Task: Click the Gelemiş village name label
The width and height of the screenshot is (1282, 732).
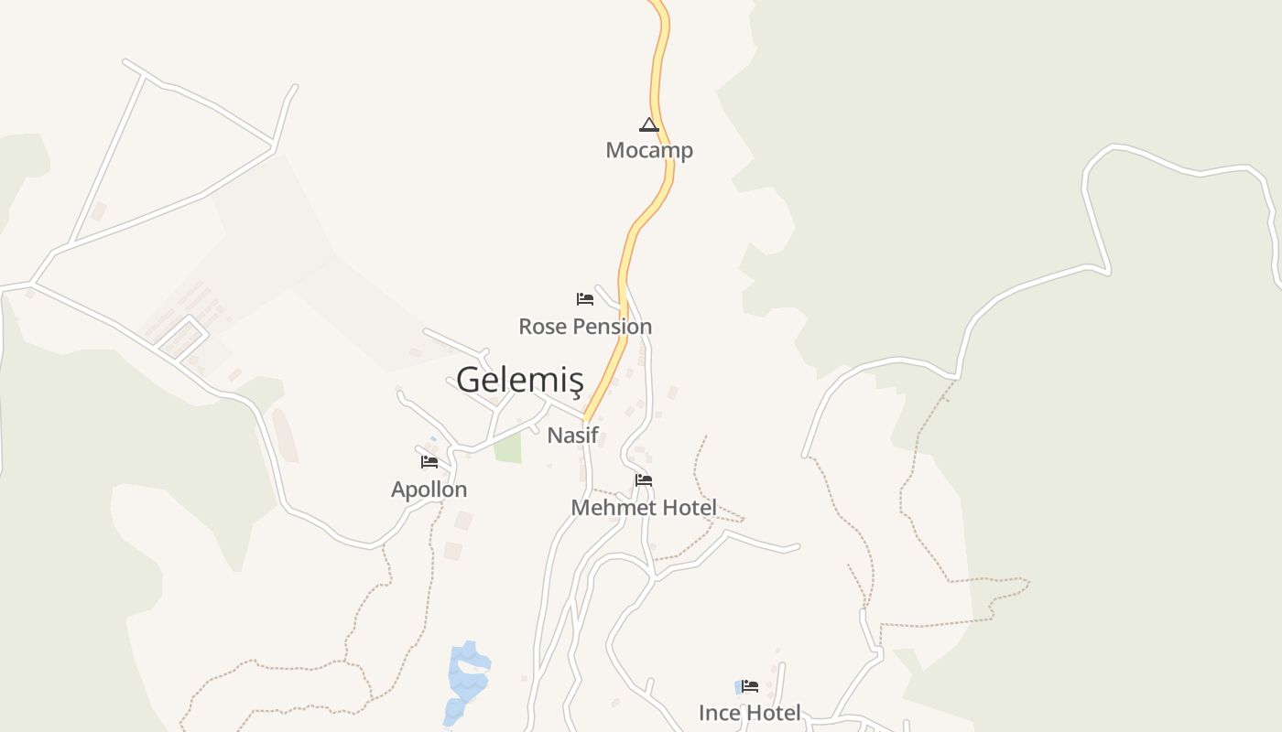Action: (519, 379)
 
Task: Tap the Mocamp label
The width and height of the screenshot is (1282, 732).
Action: (649, 150)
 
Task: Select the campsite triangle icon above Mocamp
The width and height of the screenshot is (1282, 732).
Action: (649, 124)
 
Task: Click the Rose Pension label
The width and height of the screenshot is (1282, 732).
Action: (585, 327)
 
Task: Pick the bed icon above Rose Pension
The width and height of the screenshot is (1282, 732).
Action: (585, 298)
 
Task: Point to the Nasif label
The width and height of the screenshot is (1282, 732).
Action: (572, 436)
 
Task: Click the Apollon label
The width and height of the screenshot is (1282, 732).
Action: (429, 490)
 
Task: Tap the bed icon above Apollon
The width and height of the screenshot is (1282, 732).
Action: (429, 461)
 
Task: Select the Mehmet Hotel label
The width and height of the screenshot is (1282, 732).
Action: (644, 507)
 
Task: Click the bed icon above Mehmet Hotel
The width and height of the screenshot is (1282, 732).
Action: (644, 479)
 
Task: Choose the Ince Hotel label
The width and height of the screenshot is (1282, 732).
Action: (749, 713)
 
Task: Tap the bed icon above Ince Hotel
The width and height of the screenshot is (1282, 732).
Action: (750, 685)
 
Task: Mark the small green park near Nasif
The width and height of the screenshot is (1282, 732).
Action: (507, 447)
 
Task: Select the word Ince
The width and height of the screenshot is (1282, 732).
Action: (719, 713)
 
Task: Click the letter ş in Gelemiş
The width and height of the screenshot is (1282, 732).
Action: (575, 381)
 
